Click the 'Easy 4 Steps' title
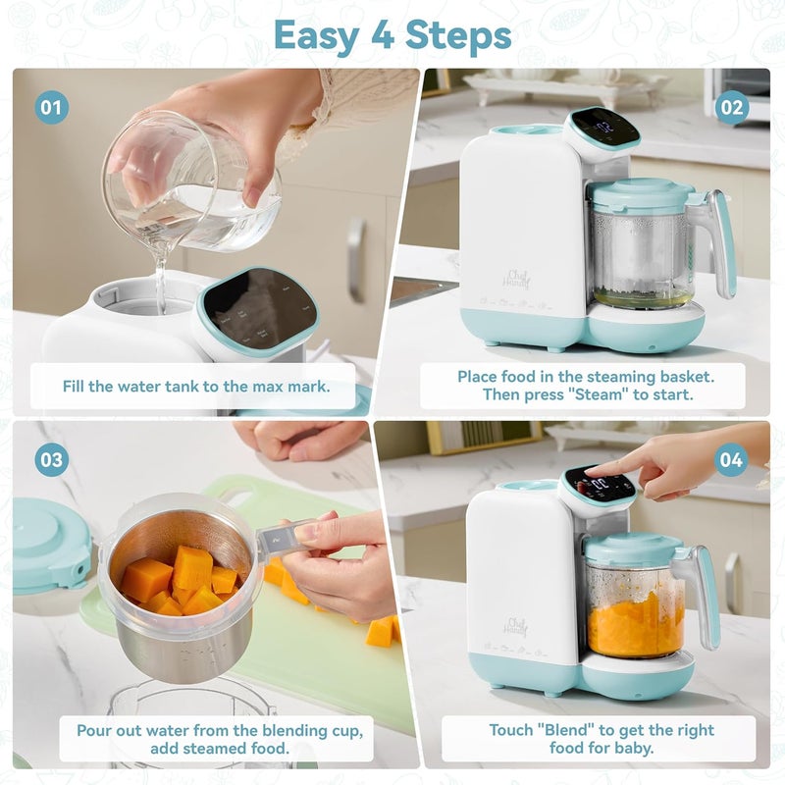tap(392, 35)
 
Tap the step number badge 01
tap(51, 107)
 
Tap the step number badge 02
tap(732, 107)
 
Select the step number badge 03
tap(51, 458)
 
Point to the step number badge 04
tap(730, 458)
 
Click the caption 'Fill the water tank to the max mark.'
tap(195, 387)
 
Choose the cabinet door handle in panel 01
tap(356, 260)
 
